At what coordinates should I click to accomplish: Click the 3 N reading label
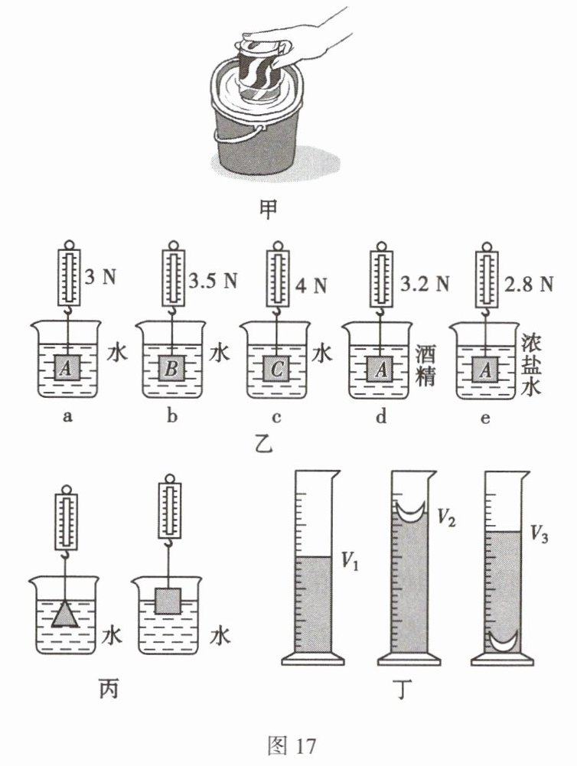tap(100, 278)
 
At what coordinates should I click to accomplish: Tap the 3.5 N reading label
tap(213, 281)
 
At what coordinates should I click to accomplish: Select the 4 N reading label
tap(311, 285)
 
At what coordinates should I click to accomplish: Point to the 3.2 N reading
tap(424, 283)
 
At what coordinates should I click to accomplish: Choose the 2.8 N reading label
tap(529, 284)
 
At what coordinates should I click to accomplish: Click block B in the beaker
tap(171, 368)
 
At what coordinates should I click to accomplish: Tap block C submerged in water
tap(276, 369)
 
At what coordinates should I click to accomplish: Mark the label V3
tap(540, 534)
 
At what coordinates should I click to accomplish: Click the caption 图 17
tap(292, 745)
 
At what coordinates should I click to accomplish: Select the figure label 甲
tap(269, 210)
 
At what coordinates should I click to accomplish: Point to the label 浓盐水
tap(532, 366)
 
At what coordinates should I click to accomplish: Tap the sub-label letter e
tap(485, 418)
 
